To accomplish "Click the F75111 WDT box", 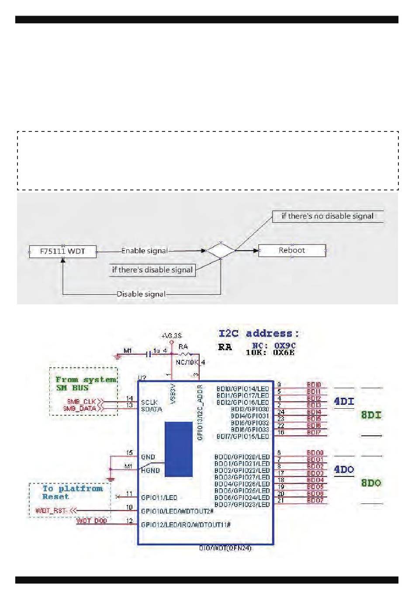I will [x=62, y=252].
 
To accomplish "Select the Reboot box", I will [x=292, y=251].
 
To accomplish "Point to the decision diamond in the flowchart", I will [x=221, y=251].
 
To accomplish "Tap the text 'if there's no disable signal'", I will [x=327, y=216].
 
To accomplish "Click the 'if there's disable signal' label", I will [x=152, y=270].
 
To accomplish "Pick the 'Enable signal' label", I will [x=144, y=251].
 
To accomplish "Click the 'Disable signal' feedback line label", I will [x=141, y=294].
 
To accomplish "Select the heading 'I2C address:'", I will [x=259, y=334].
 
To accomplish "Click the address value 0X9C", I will [x=285, y=345].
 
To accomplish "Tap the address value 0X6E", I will [x=284, y=352].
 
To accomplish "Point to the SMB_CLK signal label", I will [x=81, y=401].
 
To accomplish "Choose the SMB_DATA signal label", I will [x=80, y=408].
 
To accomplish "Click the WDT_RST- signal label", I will [x=51, y=510].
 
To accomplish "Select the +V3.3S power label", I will [x=171, y=336].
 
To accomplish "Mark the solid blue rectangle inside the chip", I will [x=178, y=449].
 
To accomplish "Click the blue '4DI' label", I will [x=344, y=401].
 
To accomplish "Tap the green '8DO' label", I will [x=371, y=483].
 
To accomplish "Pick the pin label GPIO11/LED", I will [x=159, y=497].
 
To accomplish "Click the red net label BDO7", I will [x=315, y=500].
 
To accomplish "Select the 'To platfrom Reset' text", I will [x=72, y=493].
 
